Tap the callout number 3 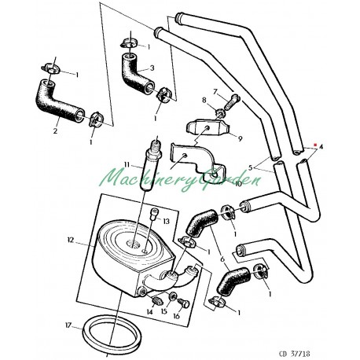(x=151, y=68)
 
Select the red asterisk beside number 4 (x=314, y=145)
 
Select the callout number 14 (x=148, y=311)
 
